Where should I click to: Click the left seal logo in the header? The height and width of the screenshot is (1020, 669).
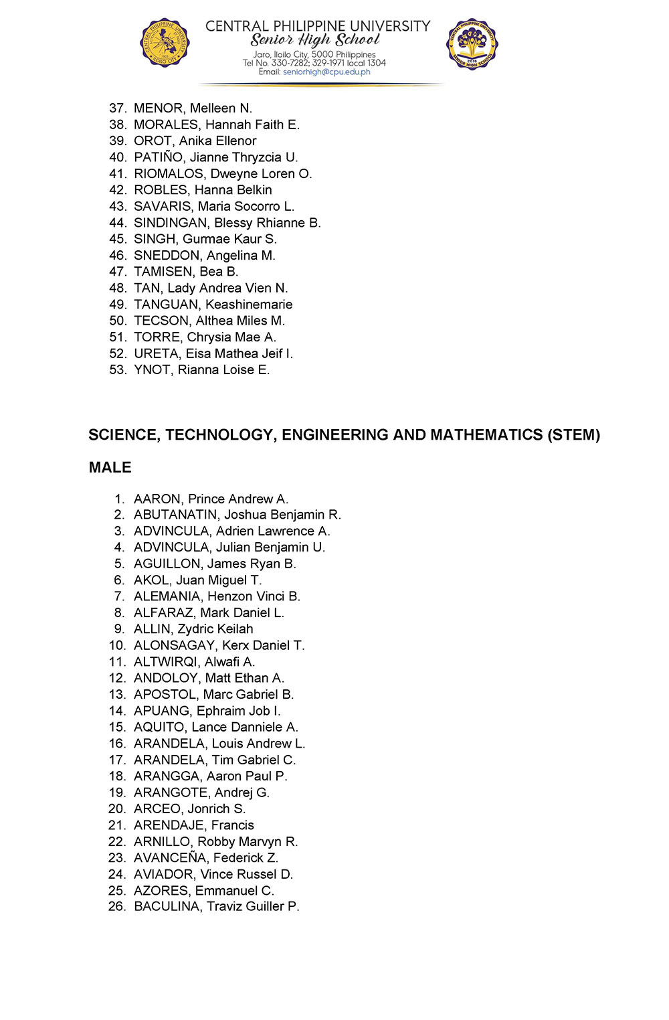[x=165, y=44]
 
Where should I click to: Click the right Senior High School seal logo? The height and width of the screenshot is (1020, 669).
[x=472, y=44]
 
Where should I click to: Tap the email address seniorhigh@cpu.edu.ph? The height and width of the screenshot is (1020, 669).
[x=326, y=72]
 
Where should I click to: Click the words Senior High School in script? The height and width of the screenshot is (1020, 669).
[x=314, y=40]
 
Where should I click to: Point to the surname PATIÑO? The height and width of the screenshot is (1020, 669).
[x=158, y=157]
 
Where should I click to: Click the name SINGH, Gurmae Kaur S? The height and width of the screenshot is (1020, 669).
[x=205, y=239]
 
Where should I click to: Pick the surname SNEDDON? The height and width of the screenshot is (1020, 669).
[x=167, y=256]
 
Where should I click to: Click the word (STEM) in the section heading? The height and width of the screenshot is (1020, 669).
[x=573, y=435]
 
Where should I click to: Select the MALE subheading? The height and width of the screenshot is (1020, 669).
[x=110, y=467]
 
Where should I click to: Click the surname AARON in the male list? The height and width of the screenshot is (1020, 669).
[x=157, y=499]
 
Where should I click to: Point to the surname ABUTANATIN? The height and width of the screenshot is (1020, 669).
[x=175, y=515]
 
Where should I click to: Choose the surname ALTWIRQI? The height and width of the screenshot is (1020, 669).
[x=165, y=662]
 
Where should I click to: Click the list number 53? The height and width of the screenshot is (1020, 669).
[x=118, y=370]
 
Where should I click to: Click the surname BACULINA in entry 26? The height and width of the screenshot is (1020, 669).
[x=167, y=907]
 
